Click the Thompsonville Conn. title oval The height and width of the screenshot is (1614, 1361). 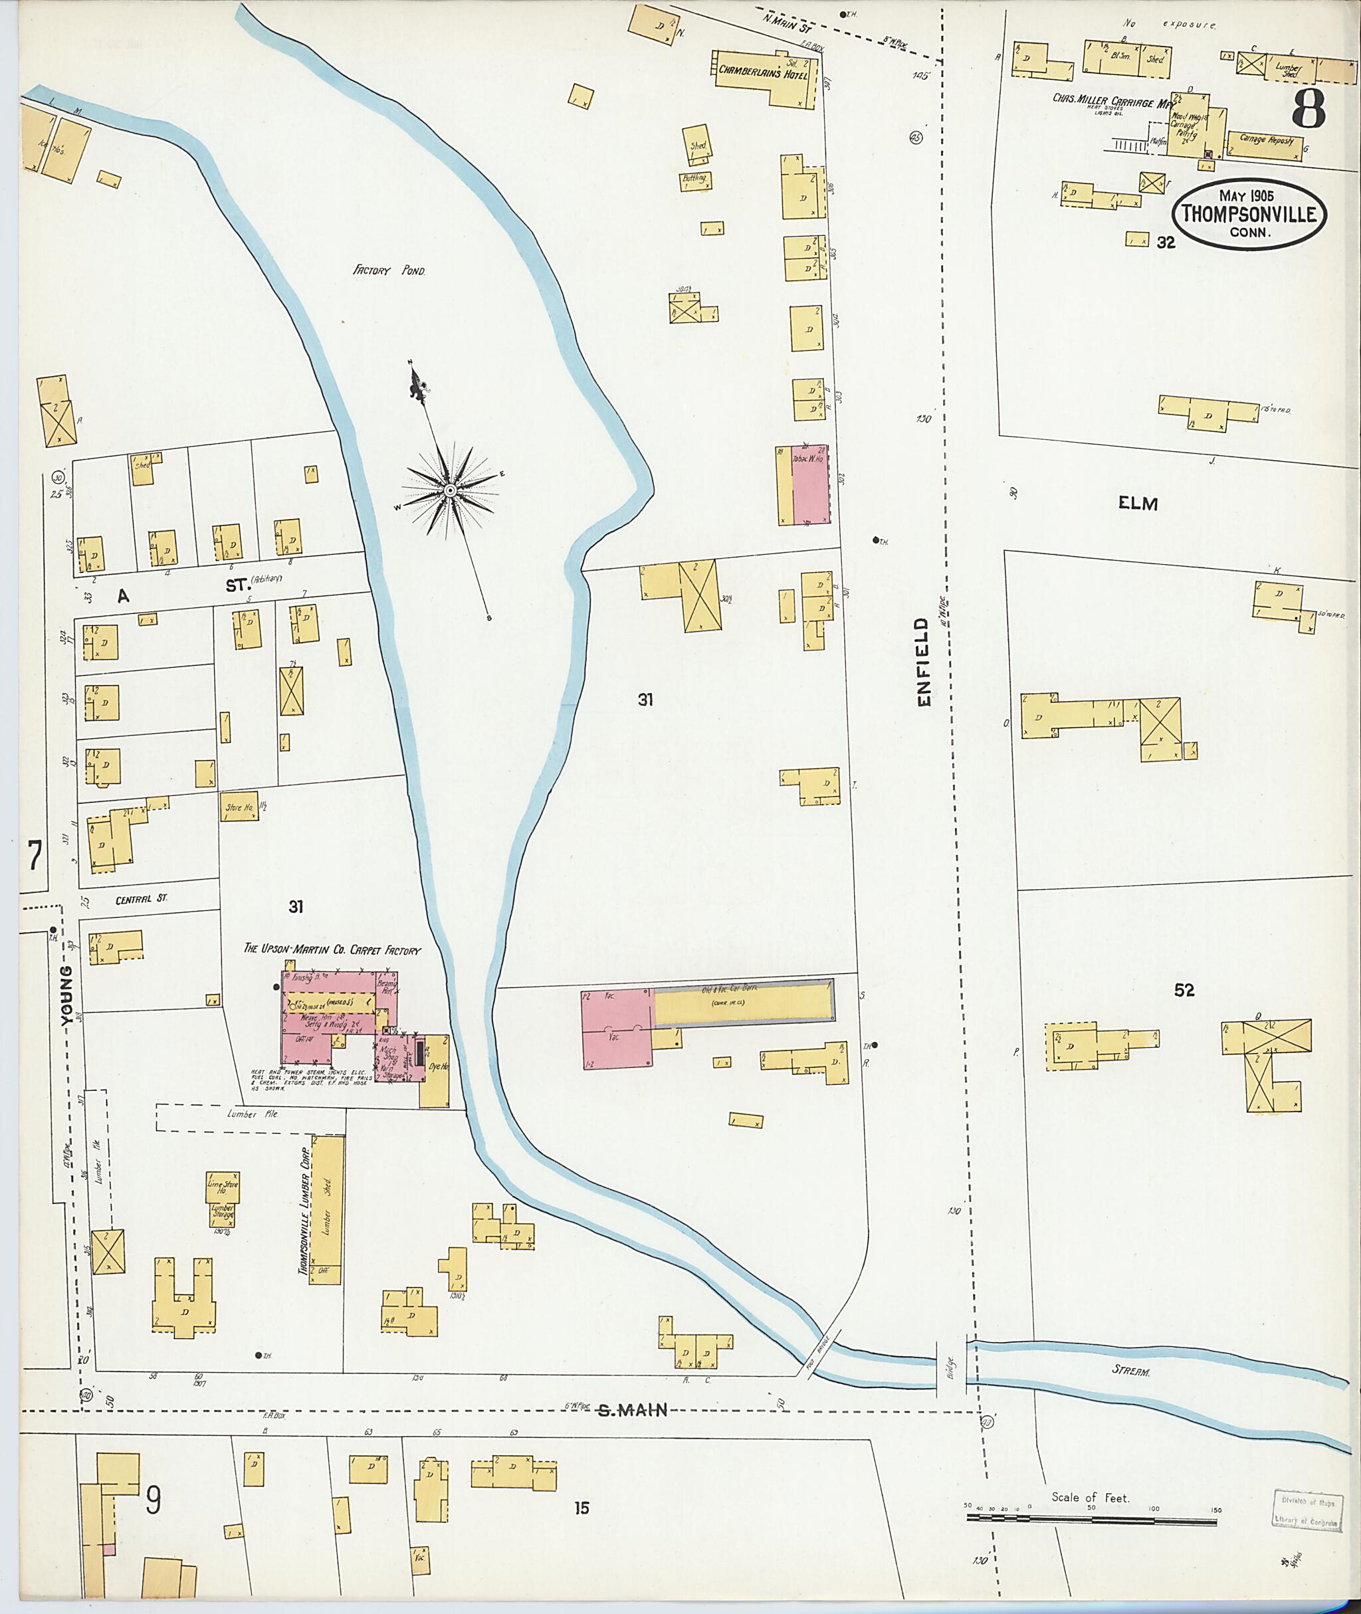[x=1249, y=215]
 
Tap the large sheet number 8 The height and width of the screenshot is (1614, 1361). [x=1309, y=109]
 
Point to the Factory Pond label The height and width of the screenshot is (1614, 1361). [x=389, y=271]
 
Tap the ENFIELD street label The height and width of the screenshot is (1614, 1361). [x=924, y=661]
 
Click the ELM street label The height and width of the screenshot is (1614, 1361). [x=1138, y=504]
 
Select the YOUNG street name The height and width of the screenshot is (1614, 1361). [x=67, y=995]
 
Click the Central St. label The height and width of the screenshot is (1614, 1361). [x=141, y=900]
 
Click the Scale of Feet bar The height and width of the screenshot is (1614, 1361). [x=1091, y=1522]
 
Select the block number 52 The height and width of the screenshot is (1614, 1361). [x=1184, y=991]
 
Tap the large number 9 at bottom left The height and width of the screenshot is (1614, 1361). [x=154, y=1500]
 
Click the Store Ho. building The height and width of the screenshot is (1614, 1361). [x=240, y=806]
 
